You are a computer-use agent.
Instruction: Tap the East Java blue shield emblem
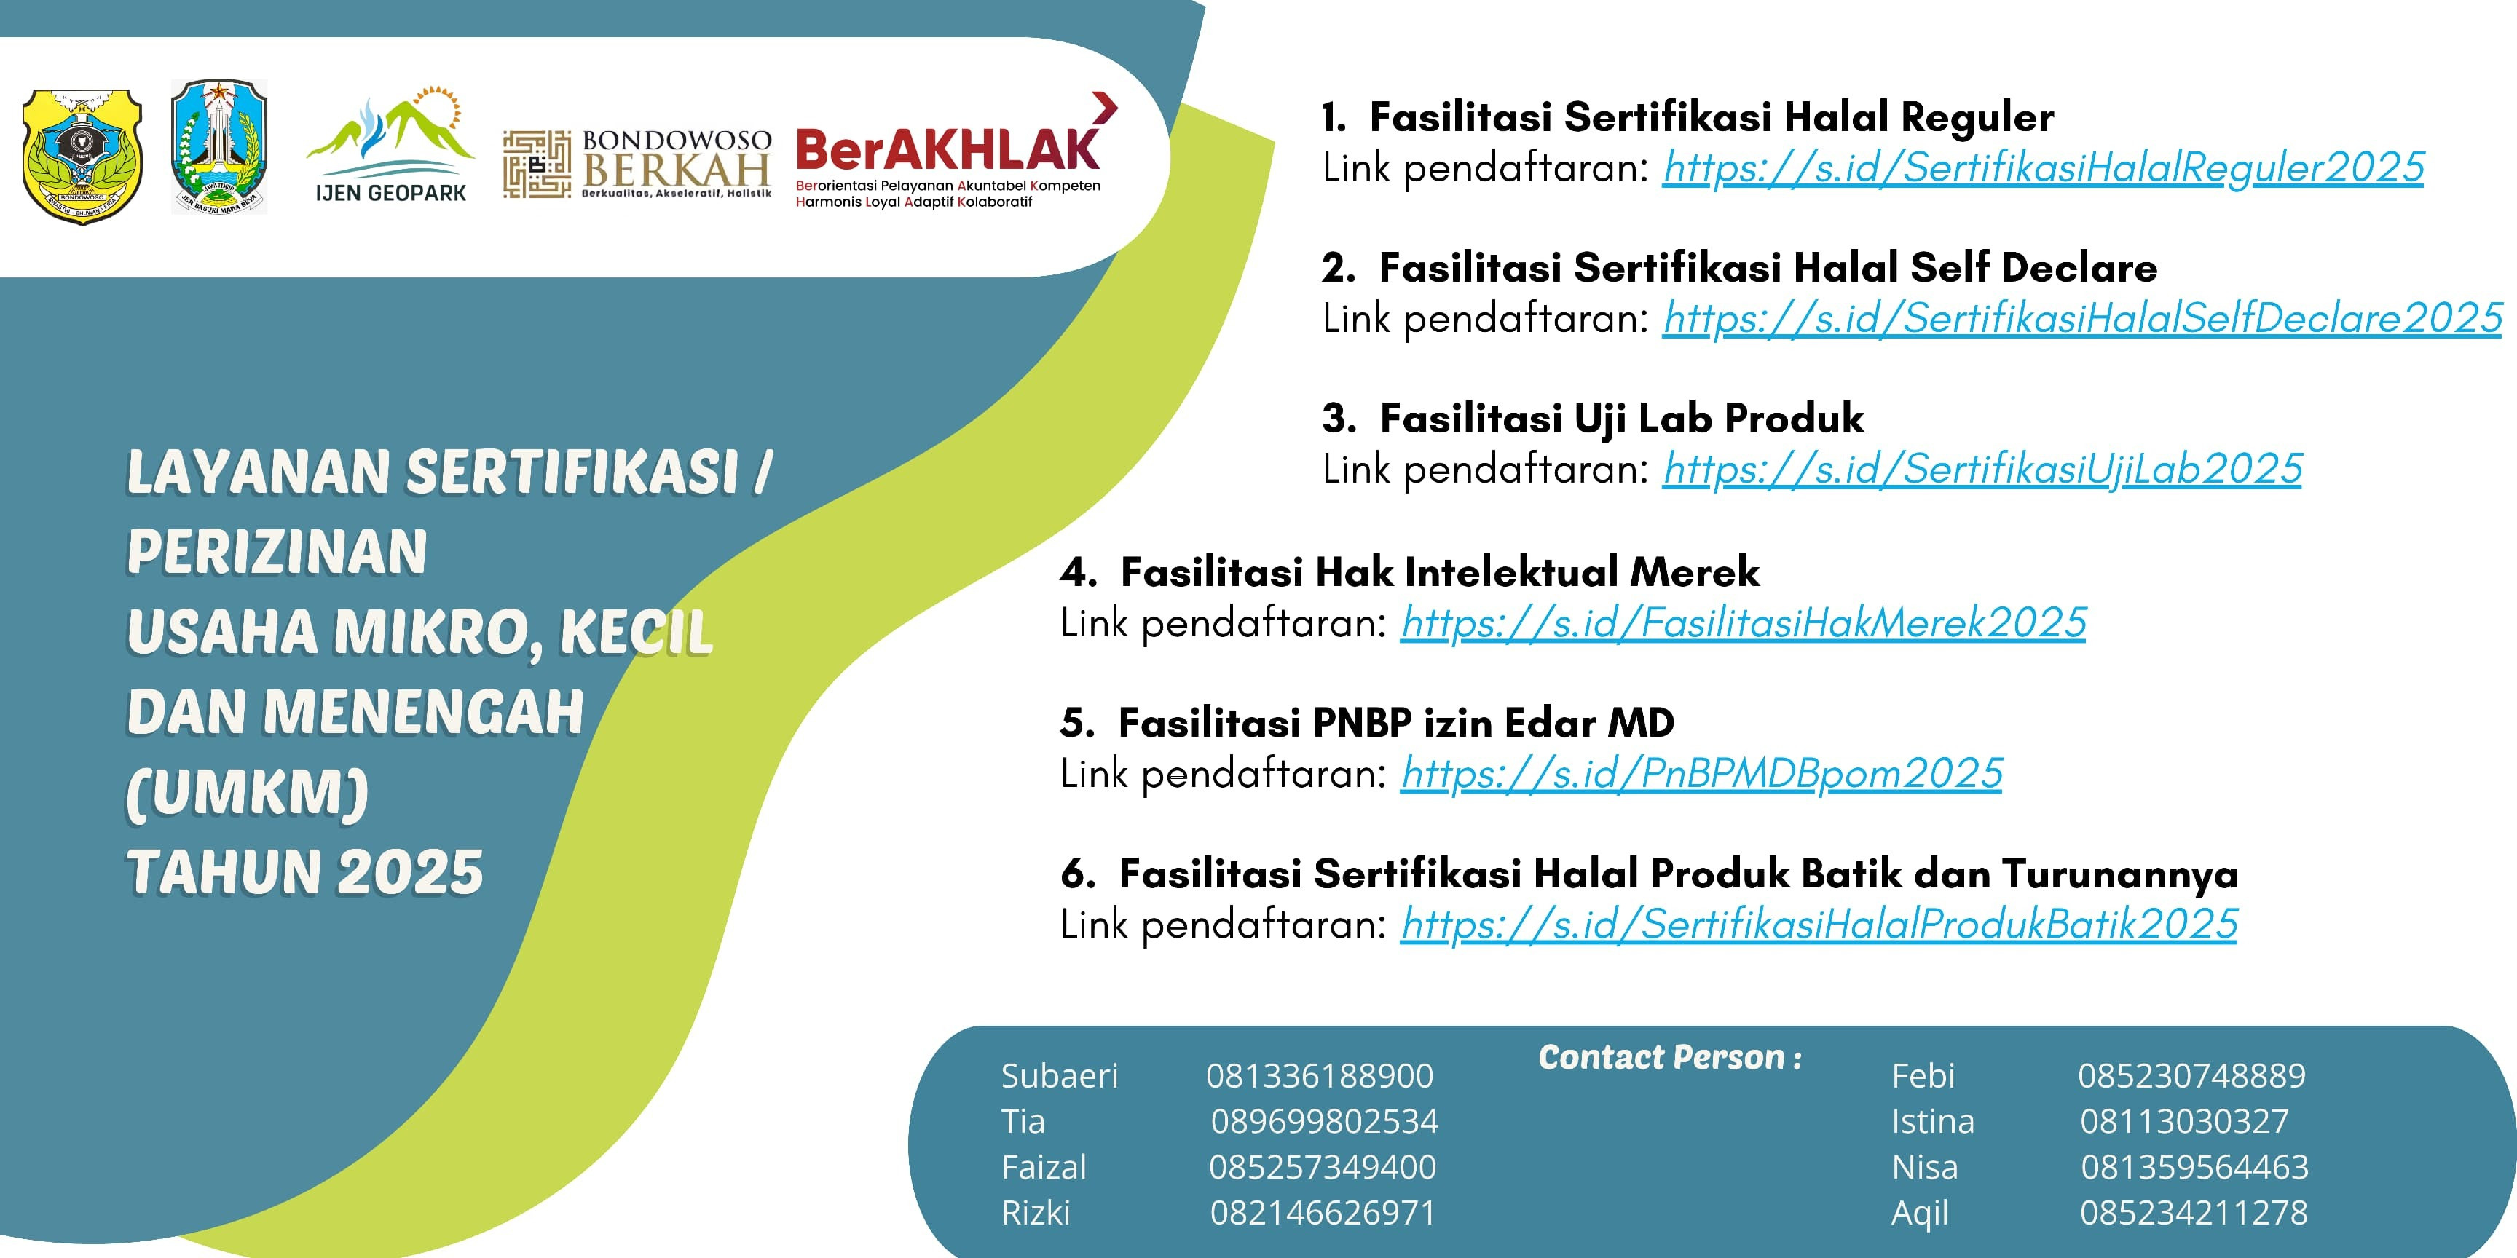click(219, 146)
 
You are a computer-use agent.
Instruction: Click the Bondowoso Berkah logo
click(637, 164)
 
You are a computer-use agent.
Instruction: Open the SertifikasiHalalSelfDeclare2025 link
click(2082, 318)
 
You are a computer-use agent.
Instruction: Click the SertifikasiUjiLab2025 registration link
click(1982, 469)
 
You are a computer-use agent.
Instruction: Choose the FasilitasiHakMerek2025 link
click(1743, 623)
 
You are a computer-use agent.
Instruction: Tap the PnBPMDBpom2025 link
click(1701, 774)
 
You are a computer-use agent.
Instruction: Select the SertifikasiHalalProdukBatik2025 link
click(1819, 924)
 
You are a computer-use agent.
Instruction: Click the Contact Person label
click(1670, 1057)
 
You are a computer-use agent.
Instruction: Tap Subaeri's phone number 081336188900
click(1319, 1075)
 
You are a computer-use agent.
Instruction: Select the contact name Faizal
click(1044, 1167)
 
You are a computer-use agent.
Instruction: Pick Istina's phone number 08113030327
click(2184, 1121)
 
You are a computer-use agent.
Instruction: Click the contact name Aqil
click(1920, 1213)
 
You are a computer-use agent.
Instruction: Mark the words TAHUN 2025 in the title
click(305, 871)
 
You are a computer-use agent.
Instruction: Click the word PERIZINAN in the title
click(277, 551)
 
